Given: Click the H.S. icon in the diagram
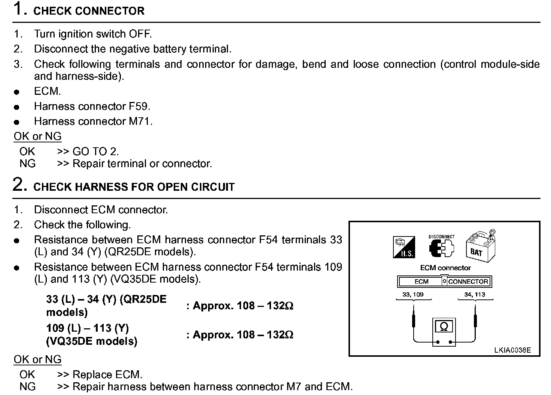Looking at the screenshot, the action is tap(404, 247).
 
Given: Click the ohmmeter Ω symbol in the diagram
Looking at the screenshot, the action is tap(444, 327).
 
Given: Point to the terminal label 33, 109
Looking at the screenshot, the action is tap(413, 295).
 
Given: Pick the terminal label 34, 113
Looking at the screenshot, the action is tap(475, 295).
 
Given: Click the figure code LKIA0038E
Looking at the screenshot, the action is tap(512, 350).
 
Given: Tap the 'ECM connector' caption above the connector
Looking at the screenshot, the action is tap(445, 268).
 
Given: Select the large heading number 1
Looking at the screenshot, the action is tap(19, 9).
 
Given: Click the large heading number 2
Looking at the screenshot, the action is tap(19, 185).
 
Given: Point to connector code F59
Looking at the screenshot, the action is tap(138, 106).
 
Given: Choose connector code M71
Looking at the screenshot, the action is tap(140, 121).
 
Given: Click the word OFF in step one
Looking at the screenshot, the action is tap(140, 34).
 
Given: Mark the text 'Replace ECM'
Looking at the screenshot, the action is tap(107, 374).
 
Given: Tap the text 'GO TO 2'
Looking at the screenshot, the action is tap(95, 151).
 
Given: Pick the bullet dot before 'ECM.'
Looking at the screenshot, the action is tap(16, 92).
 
